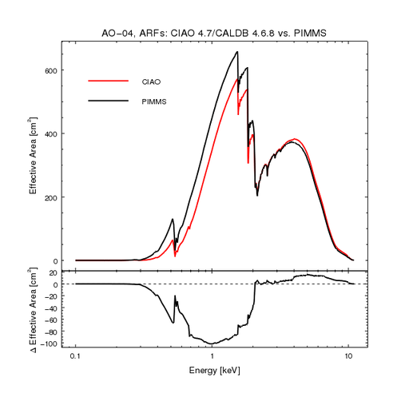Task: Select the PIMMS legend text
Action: pyautogui.click(x=155, y=101)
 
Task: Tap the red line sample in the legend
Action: pyautogui.click(x=108, y=81)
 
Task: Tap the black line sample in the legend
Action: pyautogui.click(x=108, y=101)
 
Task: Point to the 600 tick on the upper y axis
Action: pyautogui.click(x=51, y=70)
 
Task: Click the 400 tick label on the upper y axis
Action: pyautogui.click(x=51, y=133)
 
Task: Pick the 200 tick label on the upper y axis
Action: pyautogui.click(x=51, y=197)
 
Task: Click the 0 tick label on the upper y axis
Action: pyautogui.click(x=56, y=260)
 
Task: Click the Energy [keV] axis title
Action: pyautogui.click(x=212, y=371)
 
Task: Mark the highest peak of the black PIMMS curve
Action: pyautogui.click(x=237, y=53)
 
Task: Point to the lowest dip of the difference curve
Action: pyautogui.click(x=212, y=343)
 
